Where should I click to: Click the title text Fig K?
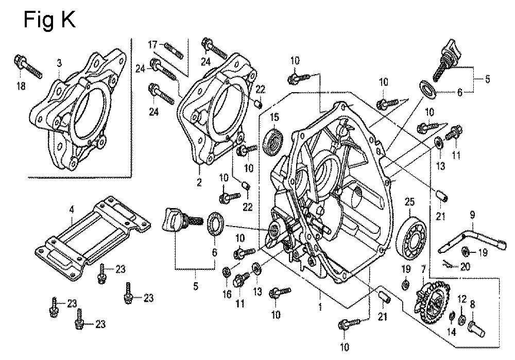50,19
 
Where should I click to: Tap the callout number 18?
21,86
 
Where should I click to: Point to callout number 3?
59,63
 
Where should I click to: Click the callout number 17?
153,44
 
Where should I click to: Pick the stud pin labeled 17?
176,50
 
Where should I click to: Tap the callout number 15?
274,118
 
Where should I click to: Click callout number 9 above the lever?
472,215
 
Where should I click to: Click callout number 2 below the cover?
199,182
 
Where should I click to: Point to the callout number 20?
465,267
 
